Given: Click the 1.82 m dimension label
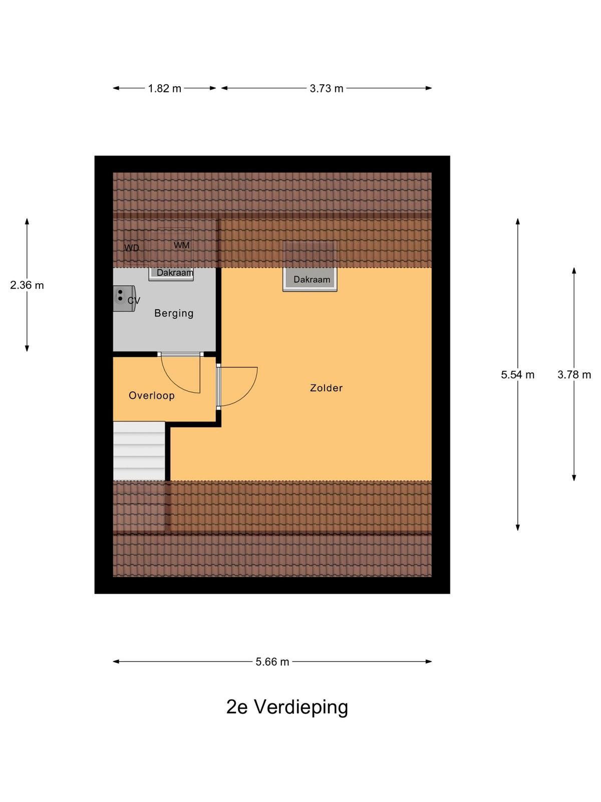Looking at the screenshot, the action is point(164,88).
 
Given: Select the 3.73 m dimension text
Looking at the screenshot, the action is point(326,88).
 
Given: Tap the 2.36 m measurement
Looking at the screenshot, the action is point(27,285).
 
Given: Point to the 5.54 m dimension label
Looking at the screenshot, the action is point(517,374).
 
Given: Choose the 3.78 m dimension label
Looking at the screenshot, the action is point(574,374).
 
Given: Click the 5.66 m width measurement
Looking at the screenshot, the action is point(272,662).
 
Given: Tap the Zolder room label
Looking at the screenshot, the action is point(326,387).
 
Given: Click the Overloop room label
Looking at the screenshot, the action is point(151,395).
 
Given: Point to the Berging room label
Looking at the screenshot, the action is point(174,313).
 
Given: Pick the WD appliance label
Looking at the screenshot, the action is point(132,248).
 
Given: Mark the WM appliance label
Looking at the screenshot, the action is point(181,245).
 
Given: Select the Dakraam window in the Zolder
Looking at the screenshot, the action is point(310,279).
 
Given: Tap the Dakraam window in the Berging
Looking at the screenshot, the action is point(171,274).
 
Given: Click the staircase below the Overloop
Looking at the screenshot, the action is point(139,451).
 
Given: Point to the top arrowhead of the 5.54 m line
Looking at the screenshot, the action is point(517,221).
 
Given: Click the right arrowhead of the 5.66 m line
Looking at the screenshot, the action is point(429,662).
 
